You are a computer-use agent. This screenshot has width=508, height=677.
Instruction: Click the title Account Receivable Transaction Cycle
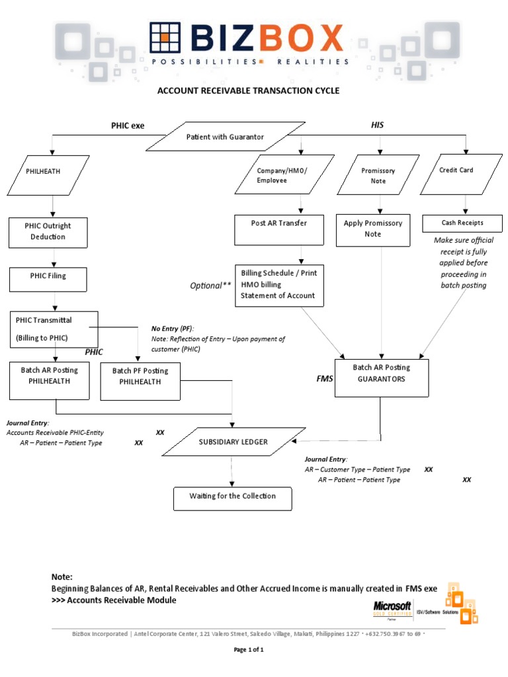pyautogui.click(x=248, y=91)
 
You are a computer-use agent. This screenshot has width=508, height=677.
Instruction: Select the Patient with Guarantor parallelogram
pyautogui.click(x=226, y=137)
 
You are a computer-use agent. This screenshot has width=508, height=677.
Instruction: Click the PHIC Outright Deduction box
pyautogui.click(x=48, y=231)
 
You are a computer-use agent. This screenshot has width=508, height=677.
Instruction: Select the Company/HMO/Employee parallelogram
pyautogui.click(x=282, y=175)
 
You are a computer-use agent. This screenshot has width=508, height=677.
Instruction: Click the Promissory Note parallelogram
pyautogui.click(x=378, y=175)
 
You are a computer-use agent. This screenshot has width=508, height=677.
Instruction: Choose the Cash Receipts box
pyautogui.click(x=462, y=223)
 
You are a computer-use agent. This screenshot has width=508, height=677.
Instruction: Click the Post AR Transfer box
pyautogui.click(x=279, y=229)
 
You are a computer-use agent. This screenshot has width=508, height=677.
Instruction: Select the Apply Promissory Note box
pyautogui.click(x=372, y=229)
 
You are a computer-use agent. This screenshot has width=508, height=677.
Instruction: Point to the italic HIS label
pyautogui.click(x=377, y=124)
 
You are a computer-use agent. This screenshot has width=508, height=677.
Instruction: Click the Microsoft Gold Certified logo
pyautogui.click(x=392, y=608)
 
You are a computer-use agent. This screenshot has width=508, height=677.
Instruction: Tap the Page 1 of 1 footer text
pyautogui.click(x=249, y=650)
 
